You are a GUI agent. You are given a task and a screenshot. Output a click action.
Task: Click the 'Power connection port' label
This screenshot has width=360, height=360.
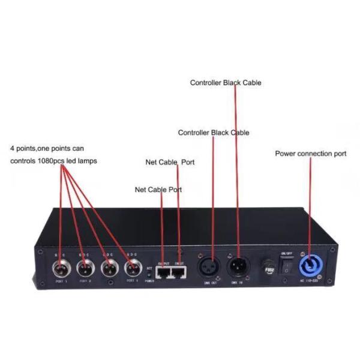[x=310, y=154]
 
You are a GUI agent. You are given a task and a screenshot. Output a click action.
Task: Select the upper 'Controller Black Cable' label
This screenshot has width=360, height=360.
[x=225, y=83]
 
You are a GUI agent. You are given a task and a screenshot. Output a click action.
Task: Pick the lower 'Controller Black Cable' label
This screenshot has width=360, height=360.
[x=213, y=132]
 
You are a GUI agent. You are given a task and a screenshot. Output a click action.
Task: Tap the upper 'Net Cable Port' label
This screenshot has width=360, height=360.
[x=170, y=162]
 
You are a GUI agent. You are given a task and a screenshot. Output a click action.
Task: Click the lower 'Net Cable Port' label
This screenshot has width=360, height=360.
[x=158, y=190]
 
